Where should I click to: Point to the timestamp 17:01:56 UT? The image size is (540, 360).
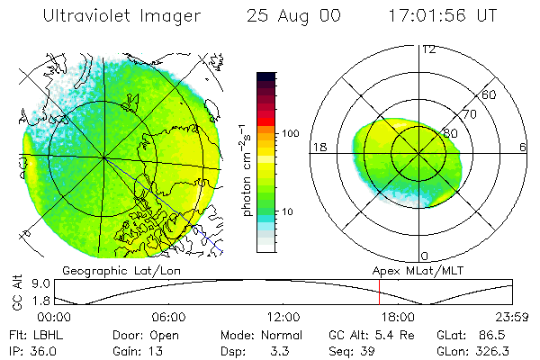point(442,16)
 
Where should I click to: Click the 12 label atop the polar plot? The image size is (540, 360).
point(428,49)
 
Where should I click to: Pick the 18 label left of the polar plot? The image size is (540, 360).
point(319,148)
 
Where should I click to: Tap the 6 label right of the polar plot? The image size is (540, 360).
point(523,148)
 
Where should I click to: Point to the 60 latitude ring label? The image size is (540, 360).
point(490,94)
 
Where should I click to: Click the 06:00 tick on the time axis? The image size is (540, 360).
point(168,317)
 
